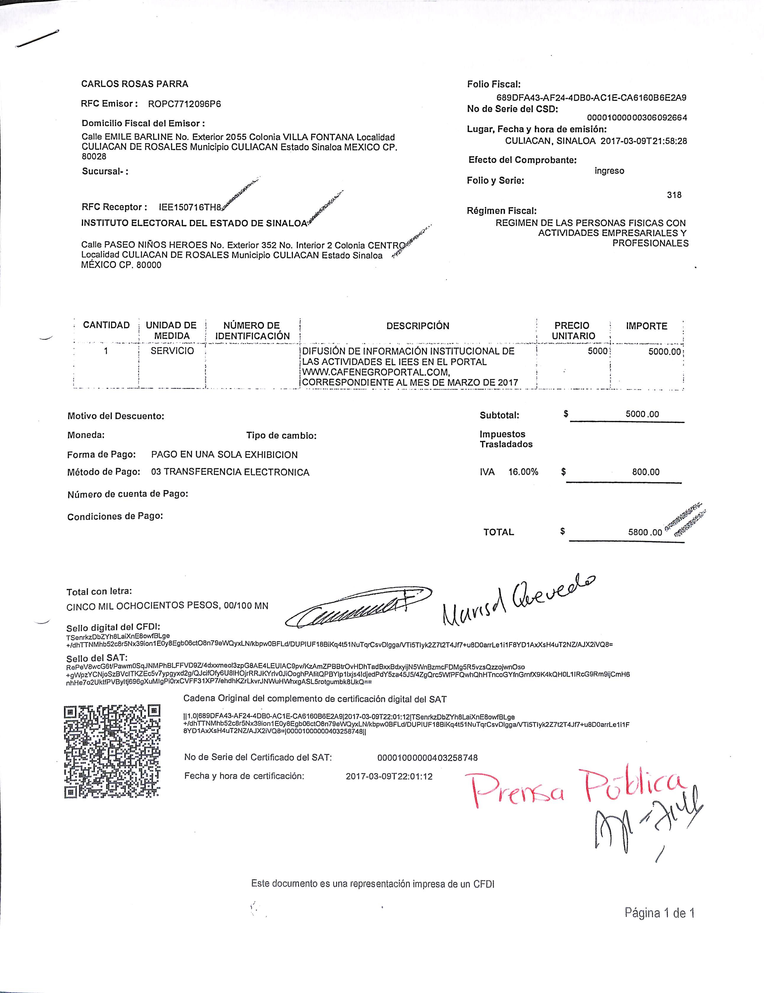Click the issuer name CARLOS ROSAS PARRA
pos(134,84)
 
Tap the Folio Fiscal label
pos(493,84)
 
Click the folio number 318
pos(674,194)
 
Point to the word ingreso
pos(609,171)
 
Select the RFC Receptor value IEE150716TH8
pos(190,207)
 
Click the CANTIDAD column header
pos(106,325)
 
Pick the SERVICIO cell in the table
pos(172,351)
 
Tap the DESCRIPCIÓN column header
pos(418,326)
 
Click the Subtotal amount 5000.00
pos(642,414)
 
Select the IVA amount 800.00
pos(645,472)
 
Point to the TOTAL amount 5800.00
pos(645,533)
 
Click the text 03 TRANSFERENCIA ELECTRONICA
pos(230,472)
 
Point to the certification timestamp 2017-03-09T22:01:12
pos(389,776)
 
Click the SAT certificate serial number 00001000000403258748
pos(427,757)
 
